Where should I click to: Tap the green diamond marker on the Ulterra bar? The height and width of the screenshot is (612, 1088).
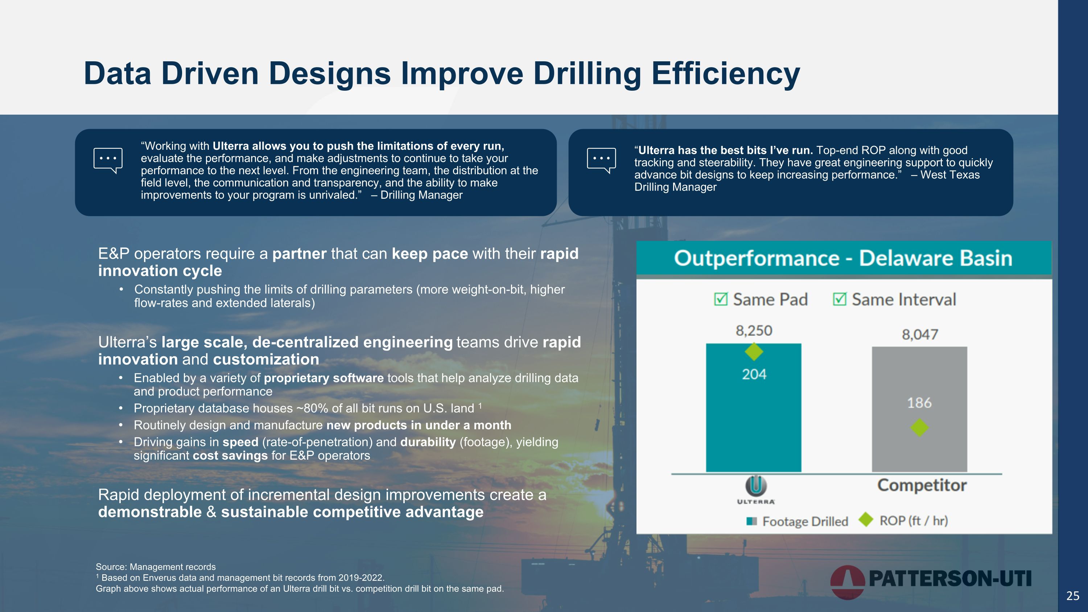(754, 352)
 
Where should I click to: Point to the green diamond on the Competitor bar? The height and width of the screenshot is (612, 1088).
(919, 427)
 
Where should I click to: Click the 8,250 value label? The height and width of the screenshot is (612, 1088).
(754, 330)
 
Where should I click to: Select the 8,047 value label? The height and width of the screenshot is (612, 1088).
(920, 334)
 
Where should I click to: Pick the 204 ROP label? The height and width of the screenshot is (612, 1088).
(754, 374)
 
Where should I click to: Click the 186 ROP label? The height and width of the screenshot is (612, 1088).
(919, 403)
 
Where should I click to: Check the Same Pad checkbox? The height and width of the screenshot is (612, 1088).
(721, 299)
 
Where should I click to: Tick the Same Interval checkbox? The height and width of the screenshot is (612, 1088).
(839, 299)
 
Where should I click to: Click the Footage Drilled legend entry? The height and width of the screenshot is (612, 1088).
(798, 521)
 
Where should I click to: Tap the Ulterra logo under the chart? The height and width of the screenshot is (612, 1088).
(755, 489)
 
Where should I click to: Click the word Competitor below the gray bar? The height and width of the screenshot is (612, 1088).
(922, 485)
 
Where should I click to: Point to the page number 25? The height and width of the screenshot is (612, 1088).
(1073, 596)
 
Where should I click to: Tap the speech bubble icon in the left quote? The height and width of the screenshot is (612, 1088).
(108, 160)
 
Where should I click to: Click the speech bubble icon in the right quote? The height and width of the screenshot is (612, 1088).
(601, 160)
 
